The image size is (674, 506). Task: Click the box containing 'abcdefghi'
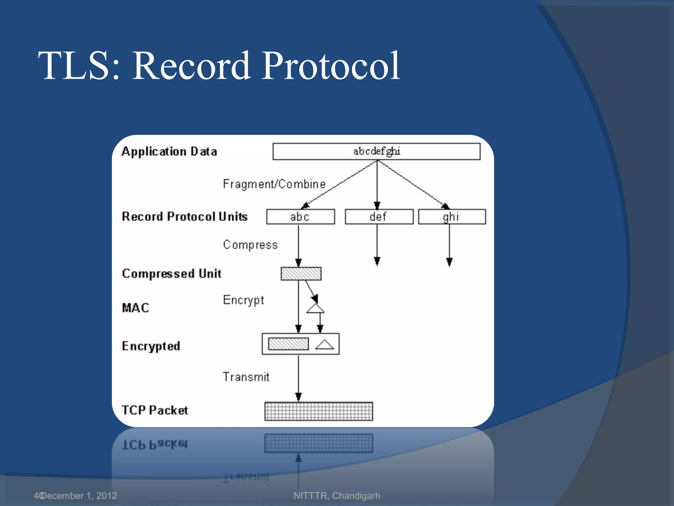(376, 151)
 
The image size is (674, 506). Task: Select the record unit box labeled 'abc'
(300, 217)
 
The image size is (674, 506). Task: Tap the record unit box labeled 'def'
(379, 217)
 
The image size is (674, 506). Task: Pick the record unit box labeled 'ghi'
(452, 217)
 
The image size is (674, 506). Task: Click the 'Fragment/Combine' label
(274, 184)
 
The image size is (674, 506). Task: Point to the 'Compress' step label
(250, 245)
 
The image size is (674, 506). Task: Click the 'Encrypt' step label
(243, 300)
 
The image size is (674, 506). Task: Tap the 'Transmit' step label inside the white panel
(246, 377)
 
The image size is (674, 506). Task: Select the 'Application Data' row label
(169, 152)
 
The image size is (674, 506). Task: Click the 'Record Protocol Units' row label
(185, 216)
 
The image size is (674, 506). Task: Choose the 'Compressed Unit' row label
(171, 274)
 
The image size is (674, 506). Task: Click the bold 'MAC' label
(136, 308)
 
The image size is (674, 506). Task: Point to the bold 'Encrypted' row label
(151, 346)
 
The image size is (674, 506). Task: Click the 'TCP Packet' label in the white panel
(155, 410)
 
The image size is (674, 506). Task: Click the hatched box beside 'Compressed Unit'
(301, 274)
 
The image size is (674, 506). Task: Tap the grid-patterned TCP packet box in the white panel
(319, 411)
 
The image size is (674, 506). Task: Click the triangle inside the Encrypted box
(324, 344)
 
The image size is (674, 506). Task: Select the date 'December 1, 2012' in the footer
(79, 495)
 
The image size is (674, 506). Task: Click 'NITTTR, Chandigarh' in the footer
(337, 495)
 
